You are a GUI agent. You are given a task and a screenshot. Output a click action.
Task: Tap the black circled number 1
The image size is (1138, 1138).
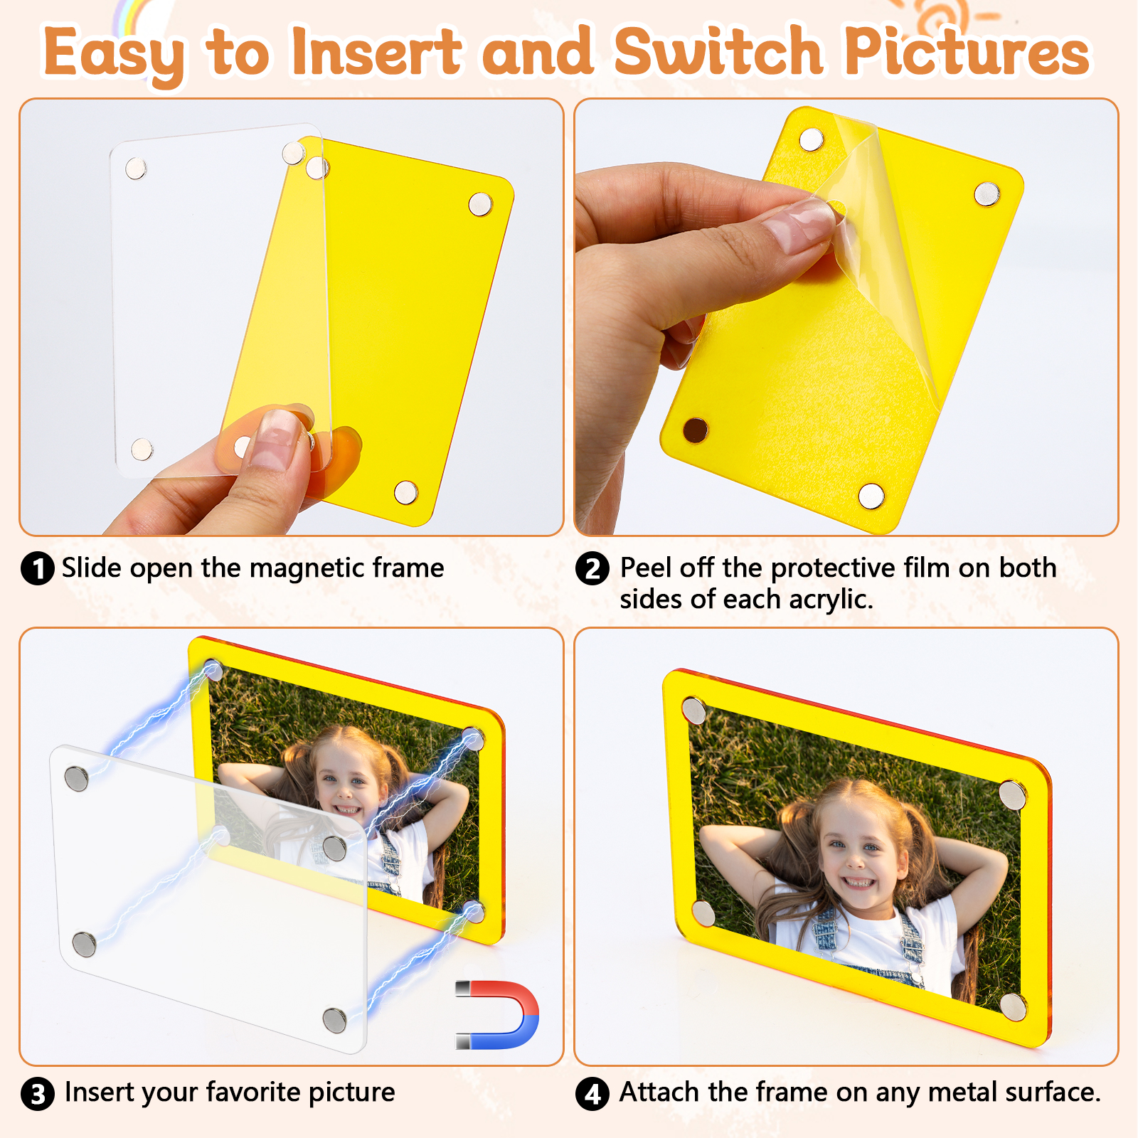tap(38, 569)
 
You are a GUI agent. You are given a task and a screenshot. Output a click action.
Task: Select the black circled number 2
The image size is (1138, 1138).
tap(592, 569)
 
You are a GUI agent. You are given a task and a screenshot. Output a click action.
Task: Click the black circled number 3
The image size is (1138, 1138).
tap(38, 1094)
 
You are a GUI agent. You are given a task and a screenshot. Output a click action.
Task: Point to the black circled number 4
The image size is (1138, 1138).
tap(592, 1094)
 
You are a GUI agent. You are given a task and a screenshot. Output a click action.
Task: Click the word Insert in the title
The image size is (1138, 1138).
tap(377, 51)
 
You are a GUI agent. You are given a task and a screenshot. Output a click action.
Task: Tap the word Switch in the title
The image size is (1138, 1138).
tap(718, 51)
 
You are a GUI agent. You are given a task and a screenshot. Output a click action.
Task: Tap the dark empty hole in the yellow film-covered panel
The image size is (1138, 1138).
tap(695, 430)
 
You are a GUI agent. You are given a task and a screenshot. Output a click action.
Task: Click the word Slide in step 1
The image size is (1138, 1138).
tap(92, 568)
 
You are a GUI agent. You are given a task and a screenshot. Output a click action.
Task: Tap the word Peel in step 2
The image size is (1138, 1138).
tap(646, 568)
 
